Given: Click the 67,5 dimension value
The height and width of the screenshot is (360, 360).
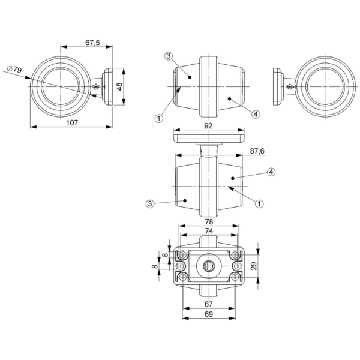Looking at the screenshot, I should pos(92,43).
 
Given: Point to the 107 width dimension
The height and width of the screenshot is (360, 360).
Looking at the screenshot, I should pos(71,123).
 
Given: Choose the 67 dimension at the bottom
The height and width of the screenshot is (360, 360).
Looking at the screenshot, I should pos(207,305).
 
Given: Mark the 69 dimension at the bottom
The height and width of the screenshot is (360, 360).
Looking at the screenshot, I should pos(207,314).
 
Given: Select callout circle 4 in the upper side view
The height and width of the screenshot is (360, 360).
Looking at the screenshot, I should pos(256,113).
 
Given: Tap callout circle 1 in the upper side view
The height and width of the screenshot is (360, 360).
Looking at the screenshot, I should pos(159,118).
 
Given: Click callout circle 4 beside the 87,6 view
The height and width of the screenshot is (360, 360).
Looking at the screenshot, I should pos(271,172).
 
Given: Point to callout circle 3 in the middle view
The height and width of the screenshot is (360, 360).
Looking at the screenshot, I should pos(149,204).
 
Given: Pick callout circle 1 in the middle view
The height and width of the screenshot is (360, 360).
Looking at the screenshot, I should pos(259,204).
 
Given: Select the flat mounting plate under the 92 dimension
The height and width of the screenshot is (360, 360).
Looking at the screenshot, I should pos(208,139).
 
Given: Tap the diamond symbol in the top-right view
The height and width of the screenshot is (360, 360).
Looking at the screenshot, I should pos(289,87).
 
